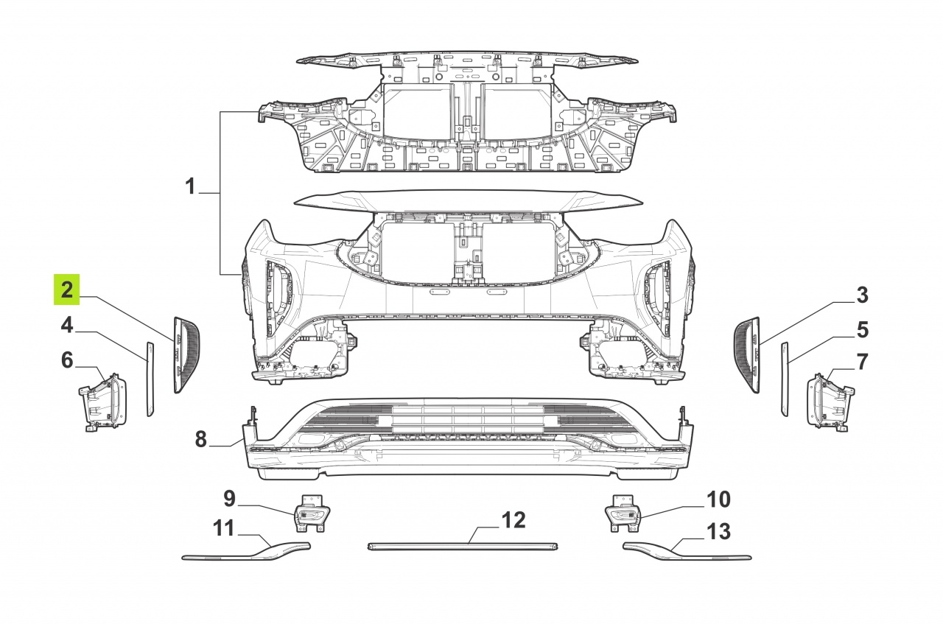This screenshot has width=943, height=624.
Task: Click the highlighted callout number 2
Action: pos(67,290)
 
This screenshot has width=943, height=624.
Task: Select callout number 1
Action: pos(190,186)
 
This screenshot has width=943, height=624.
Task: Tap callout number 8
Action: pos(201,439)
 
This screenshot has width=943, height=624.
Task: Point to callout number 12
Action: pos(513,520)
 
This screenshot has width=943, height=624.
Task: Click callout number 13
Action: pos(718,531)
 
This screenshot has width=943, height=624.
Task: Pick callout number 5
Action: pos(863,330)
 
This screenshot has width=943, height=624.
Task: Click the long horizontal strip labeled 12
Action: pos(463,547)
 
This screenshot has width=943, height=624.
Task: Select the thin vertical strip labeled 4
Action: pos(150,379)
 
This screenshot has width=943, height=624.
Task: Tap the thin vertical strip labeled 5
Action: pos(785,379)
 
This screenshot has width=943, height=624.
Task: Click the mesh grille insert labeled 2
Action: pos(186,355)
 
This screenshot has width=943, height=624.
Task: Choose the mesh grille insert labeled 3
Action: pos(748,355)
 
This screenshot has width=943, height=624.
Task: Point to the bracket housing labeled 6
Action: pos(102,402)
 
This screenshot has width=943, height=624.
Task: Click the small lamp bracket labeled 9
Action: pos(312,513)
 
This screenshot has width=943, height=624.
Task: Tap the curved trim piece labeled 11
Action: pos(246,553)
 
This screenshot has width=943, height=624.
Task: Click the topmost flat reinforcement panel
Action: pos(467,62)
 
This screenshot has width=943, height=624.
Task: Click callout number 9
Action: pos(229,499)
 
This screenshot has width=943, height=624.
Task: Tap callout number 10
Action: pos(718,499)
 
